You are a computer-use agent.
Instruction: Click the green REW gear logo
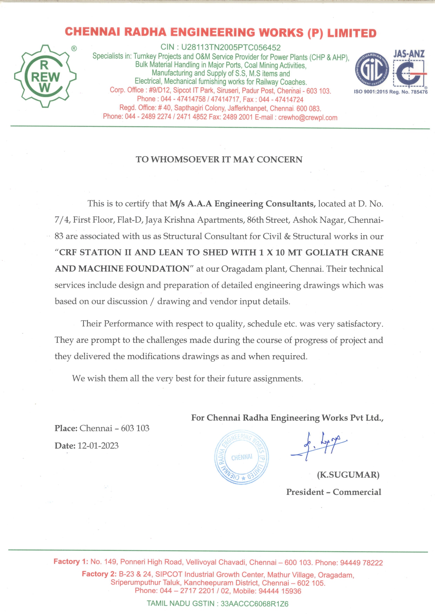[x=45, y=76]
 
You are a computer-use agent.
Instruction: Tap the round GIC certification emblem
[x=372, y=70]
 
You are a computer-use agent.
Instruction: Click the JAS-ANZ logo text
[x=409, y=54]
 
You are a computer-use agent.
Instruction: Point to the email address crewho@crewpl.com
[x=308, y=118]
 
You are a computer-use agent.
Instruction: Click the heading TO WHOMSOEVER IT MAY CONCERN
[x=219, y=159]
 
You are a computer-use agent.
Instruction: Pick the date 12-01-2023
[x=98, y=446]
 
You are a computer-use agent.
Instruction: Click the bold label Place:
[x=66, y=428]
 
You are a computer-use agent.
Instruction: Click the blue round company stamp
[x=241, y=457]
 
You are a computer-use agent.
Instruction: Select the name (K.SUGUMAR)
[x=348, y=475]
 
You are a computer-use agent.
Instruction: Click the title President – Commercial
[x=333, y=492]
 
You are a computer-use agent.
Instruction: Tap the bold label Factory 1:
[x=71, y=562]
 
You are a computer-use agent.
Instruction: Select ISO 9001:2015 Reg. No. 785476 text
[x=390, y=92]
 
